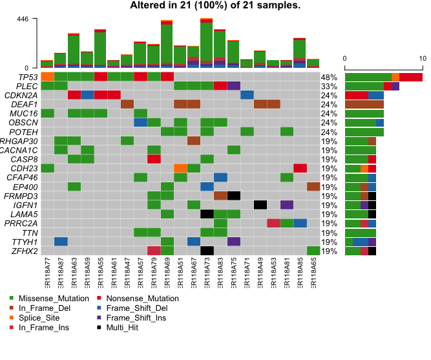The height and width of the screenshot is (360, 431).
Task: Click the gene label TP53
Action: (28, 77)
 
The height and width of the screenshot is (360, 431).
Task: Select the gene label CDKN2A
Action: (23, 95)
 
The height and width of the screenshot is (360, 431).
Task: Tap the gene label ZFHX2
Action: (25, 251)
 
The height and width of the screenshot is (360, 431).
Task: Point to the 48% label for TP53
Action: (329, 77)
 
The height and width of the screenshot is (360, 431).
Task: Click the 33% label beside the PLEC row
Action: (329, 86)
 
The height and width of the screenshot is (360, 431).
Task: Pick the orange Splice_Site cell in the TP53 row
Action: (47, 77)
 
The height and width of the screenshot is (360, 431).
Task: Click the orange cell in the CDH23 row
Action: (180, 168)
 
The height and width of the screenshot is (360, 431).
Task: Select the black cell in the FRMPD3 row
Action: (233, 196)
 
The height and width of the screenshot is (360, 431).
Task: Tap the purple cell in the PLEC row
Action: (233, 86)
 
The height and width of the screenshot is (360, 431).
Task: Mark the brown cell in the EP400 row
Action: (313, 187)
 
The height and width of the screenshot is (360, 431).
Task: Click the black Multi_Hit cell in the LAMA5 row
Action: (207, 214)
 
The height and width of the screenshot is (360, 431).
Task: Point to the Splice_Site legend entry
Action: (38, 318)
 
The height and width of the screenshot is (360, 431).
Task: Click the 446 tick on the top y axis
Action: (23, 19)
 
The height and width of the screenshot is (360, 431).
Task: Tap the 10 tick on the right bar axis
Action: (422, 58)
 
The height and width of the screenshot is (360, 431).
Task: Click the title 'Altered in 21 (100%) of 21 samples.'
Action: (215, 6)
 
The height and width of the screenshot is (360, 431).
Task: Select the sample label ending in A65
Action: (313, 275)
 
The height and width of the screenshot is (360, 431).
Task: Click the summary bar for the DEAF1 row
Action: (364, 104)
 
